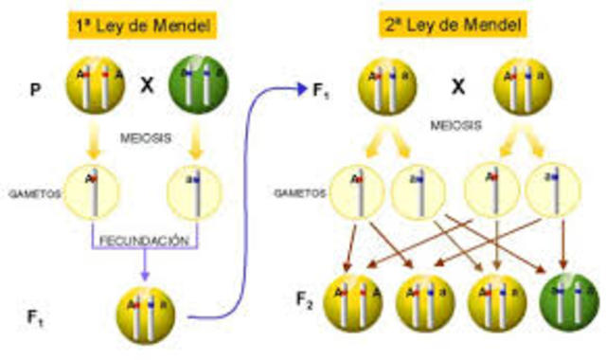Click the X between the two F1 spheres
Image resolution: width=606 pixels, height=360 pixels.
pos(458,87)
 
